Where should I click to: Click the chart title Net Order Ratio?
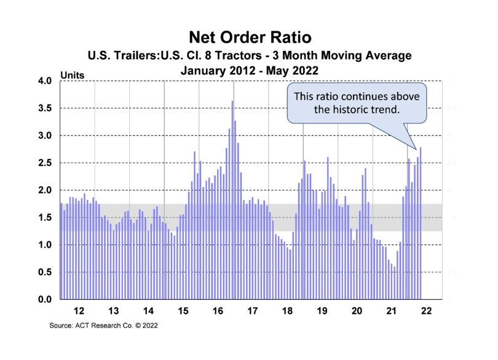coord(249,38)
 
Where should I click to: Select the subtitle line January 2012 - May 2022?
coord(249,71)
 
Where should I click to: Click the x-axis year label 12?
coord(78,310)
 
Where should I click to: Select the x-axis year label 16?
coord(217,310)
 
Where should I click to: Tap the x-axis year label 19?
coord(322,310)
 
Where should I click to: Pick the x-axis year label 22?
coord(426,310)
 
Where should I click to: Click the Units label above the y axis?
coord(72,76)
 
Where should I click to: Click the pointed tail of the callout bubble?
coord(411,142)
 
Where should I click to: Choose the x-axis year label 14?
coord(148,310)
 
